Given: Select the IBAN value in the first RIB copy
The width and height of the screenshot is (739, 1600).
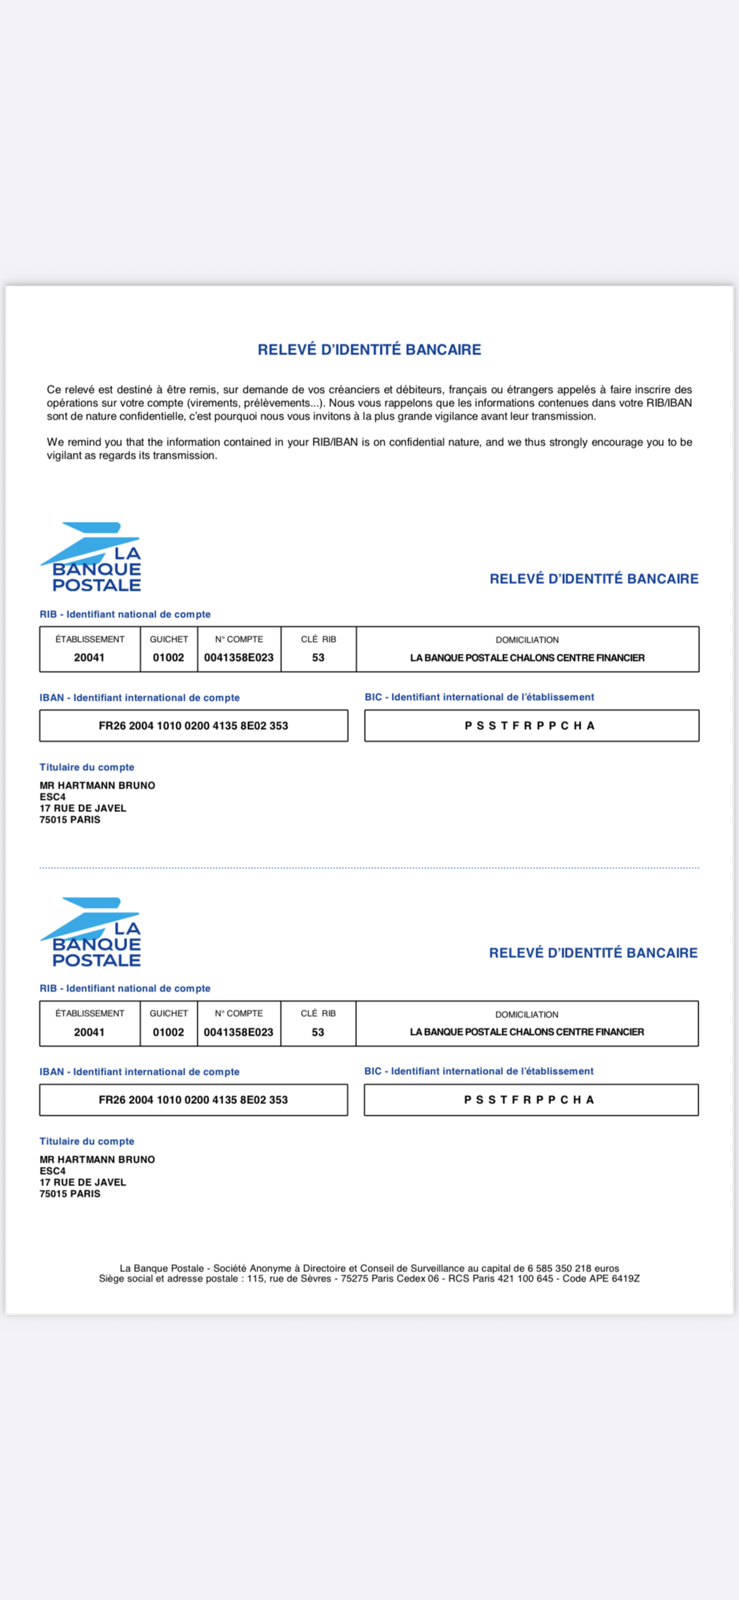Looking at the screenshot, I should [193, 725].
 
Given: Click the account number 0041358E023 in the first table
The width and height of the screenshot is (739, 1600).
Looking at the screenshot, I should [238, 657].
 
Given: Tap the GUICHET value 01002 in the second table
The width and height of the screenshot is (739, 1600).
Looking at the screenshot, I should [168, 1032].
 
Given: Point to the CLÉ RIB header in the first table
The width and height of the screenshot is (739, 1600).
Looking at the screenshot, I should [318, 639].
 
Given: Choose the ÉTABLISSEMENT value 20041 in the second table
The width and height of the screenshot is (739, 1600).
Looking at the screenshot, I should [89, 1032].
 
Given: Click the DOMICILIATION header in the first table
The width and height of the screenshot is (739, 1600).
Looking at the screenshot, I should [527, 640].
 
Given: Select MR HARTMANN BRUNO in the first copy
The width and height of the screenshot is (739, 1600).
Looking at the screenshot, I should [98, 785].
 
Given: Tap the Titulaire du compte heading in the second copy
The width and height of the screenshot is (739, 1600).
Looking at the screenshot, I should [87, 1141].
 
